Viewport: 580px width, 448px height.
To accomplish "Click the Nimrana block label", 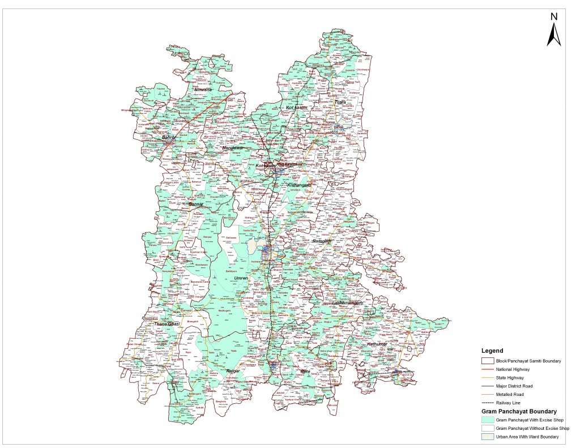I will pos(203,89).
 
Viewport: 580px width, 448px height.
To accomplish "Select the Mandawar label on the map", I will pos(233,148).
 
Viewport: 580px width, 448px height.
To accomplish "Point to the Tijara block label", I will pos(332,102).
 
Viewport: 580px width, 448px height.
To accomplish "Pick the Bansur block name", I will pos(196,203).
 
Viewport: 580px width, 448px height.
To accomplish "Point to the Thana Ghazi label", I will pos(167,323).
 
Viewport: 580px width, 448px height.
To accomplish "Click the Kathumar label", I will pos(377,344).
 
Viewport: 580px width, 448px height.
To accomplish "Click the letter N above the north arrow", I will pos(554,16).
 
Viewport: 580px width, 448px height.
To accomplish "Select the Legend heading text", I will pos(492,351).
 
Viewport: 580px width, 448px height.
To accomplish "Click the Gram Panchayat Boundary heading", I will pos(518,411).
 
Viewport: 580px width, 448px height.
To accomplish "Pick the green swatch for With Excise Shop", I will pos(487,420).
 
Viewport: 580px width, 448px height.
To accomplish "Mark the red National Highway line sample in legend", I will pos(487,369).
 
